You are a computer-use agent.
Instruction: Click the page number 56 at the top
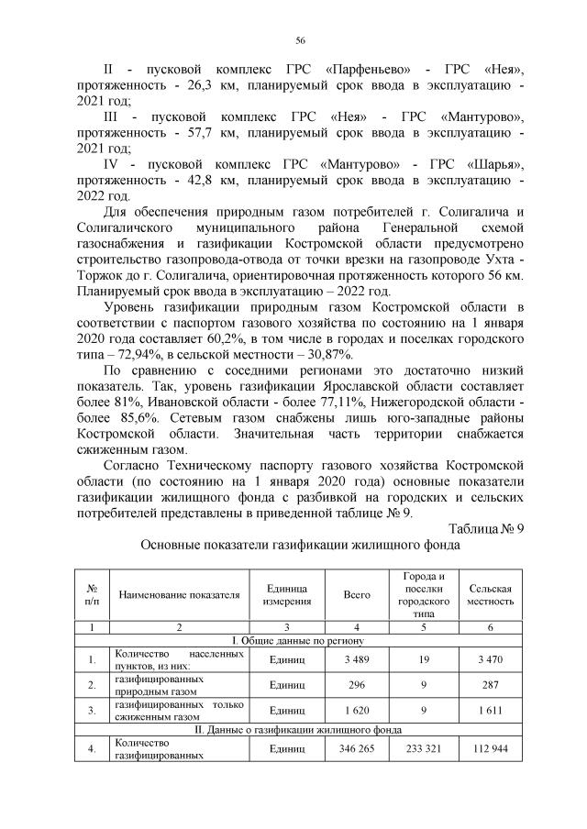[300, 40]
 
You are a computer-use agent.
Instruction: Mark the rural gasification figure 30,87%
[329, 355]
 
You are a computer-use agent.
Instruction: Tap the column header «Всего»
[356, 595]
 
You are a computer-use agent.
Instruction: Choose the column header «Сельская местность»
[490, 595]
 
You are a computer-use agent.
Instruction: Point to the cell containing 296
[356, 684]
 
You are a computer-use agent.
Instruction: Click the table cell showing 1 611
[490, 709]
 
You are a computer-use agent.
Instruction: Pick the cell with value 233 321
[422, 748]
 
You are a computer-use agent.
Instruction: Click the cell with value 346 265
[356, 748]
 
